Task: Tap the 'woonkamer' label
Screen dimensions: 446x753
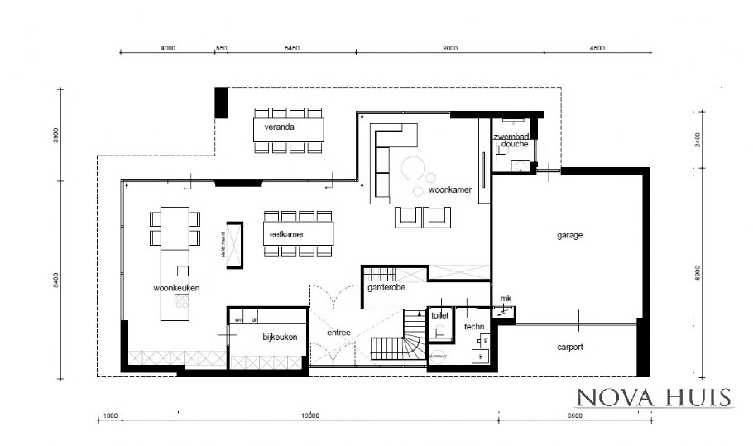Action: (449, 190)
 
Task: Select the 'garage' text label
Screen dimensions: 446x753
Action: (569, 235)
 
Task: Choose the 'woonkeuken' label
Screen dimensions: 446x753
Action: (176, 288)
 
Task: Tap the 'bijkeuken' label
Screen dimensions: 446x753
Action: (279, 337)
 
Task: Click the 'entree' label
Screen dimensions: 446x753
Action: (339, 333)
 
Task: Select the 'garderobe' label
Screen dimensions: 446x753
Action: (386, 288)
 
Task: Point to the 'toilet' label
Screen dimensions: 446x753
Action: (439, 316)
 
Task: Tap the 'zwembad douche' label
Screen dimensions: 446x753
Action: (511, 140)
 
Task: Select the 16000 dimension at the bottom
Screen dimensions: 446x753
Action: (309, 415)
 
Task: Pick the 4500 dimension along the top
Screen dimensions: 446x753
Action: (597, 49)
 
